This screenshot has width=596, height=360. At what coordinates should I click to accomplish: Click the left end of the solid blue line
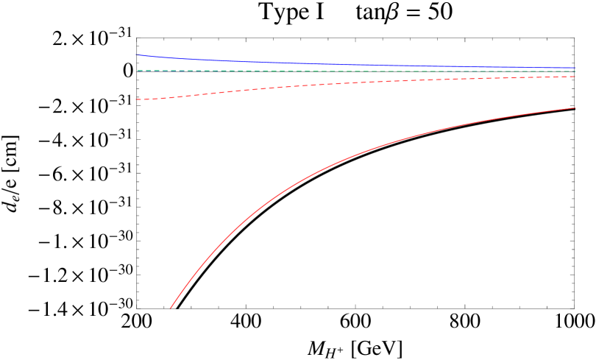136,54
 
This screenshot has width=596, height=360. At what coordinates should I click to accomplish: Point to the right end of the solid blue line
574,68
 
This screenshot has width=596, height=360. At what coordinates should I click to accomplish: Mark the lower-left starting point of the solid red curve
171,308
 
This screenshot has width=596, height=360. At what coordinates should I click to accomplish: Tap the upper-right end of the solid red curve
574,108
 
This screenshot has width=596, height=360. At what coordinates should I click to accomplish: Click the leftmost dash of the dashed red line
138,99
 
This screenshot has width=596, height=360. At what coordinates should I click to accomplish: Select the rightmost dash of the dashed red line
572,77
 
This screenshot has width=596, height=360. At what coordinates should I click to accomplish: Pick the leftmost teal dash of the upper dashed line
139,71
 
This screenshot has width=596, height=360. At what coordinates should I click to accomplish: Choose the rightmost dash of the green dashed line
572,71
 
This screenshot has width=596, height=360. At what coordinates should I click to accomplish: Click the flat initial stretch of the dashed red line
151,99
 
